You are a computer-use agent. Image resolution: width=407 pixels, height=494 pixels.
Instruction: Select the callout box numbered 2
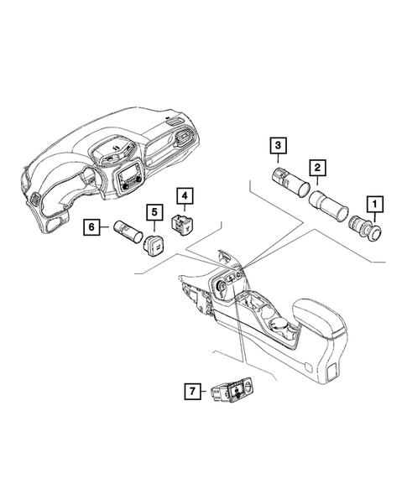(x=317, y=169)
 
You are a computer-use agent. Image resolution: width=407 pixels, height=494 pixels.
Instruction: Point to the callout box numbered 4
(x=184, y=197)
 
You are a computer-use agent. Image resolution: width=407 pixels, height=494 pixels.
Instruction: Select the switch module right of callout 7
(x=232, y=389)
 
